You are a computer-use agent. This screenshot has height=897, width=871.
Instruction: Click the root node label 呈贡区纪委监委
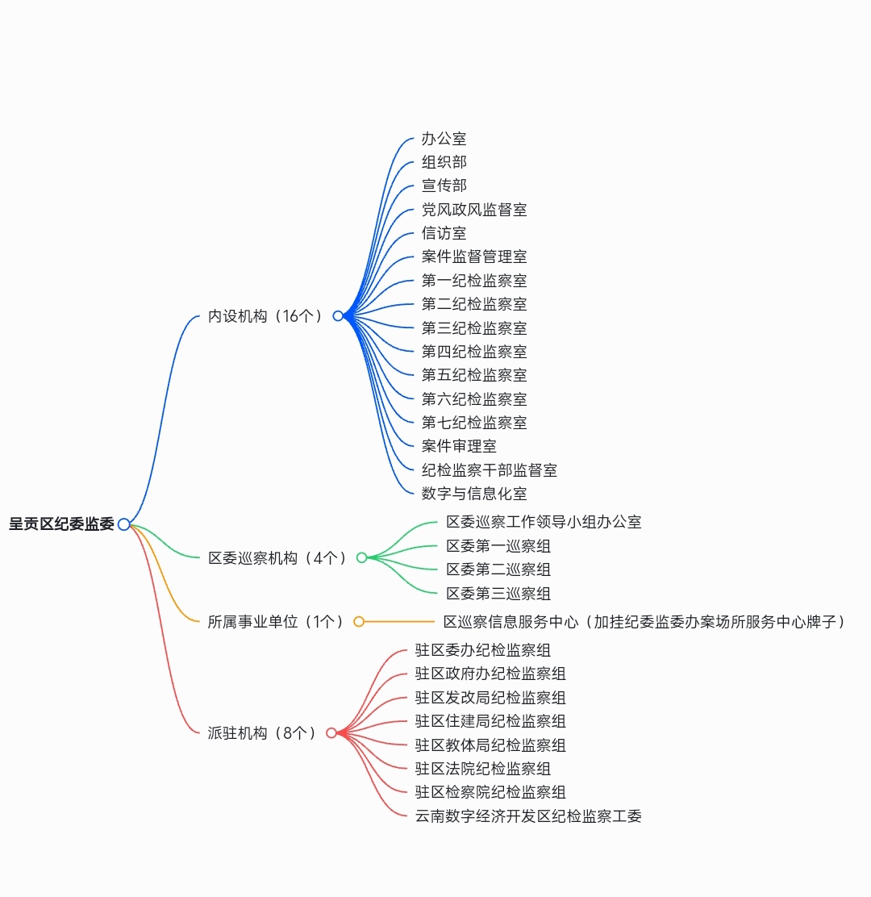coord(62,524)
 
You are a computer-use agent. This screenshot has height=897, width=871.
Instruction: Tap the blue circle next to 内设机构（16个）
coord(338,315)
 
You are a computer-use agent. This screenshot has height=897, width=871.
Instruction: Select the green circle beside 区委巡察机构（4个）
coord(361,557)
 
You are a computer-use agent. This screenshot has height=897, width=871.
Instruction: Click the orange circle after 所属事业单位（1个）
coord(359,622)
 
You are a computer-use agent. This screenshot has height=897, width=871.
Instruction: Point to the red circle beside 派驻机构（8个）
coord(331,732)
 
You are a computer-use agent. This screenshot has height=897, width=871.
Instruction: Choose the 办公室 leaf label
coord(444,139)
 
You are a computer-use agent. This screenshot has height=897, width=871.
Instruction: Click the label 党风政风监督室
coord(474,210)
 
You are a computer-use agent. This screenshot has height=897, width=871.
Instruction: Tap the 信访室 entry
coord(444,233)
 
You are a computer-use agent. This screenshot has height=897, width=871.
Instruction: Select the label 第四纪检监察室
coord(474,351)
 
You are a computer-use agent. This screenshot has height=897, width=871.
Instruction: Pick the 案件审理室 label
coord(459,445)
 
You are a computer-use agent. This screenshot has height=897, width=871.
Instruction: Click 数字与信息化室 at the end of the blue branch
coord(474,493)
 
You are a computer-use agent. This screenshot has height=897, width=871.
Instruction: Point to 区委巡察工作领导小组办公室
coord(544,522)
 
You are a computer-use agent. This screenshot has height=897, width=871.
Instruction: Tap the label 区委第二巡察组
coord(498,569)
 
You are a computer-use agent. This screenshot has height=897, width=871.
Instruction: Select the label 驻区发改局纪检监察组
coord(490,697)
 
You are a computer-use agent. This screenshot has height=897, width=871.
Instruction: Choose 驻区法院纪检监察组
coord(483,768)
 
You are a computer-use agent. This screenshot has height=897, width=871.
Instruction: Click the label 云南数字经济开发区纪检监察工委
coord(528,816)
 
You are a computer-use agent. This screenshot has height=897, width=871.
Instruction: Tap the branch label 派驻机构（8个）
coord(261,732)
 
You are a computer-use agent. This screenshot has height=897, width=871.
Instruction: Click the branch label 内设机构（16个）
coord(265,315)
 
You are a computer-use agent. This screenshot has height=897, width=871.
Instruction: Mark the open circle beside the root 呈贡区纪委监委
coord(123,524)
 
